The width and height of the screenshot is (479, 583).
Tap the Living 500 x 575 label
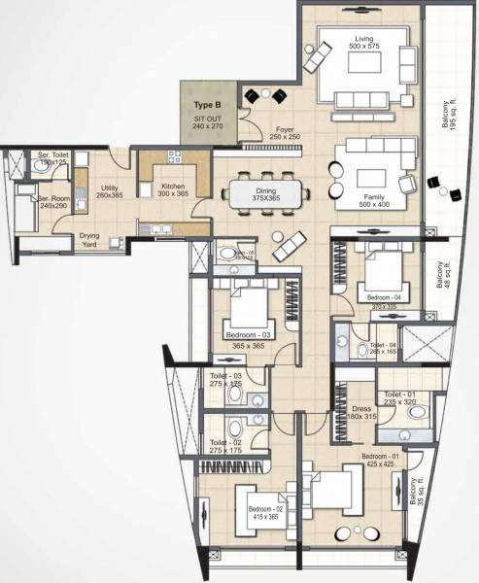coord(370,44)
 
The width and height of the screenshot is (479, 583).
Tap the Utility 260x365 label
coord(109,189)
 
